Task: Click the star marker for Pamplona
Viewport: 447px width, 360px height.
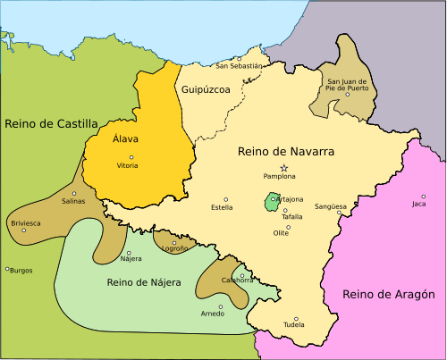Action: tap(284, 168)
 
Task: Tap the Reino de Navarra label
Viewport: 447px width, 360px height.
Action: tap(286, 152)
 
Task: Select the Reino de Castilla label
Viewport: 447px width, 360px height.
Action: tap(51, 123)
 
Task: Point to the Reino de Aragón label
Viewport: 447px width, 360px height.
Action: tap(388, 294)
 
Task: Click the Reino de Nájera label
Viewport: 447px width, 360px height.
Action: tap(144, 282)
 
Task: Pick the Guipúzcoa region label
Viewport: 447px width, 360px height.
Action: tap(206, 90)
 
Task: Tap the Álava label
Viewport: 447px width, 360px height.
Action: tap(126, 141)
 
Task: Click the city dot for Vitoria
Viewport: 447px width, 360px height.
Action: tap(126, 157)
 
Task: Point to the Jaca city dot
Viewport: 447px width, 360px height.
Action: tap(424, 197)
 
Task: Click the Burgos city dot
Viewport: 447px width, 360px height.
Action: tap(7, 268)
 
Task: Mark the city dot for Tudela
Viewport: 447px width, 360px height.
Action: tap(296, 319)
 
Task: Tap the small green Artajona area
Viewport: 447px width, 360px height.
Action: tap(271, 202)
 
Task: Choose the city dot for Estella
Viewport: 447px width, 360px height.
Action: tap(226, 199)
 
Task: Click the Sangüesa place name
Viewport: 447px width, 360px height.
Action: tap(330, 206)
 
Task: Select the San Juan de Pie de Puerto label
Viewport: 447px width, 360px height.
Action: tap(347, 87)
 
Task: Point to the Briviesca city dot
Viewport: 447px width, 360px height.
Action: tap(24, 230)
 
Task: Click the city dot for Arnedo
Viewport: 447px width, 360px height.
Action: tap(220, 306)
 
